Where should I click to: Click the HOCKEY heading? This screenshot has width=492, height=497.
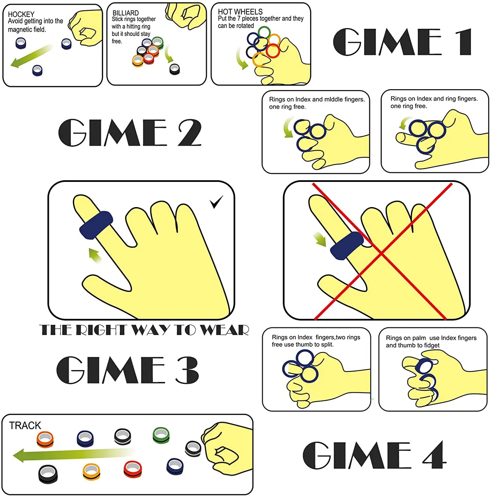pos(21,14)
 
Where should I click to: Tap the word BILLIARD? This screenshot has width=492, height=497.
pos(125,13)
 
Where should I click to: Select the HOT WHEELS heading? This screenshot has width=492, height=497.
pos(240,12)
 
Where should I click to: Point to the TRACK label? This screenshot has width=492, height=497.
pos(25,425)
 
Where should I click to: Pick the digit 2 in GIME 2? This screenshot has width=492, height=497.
pos(189,133)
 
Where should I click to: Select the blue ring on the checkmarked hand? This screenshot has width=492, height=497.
pos(96,224)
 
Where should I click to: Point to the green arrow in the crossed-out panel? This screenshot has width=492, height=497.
pos(320,240)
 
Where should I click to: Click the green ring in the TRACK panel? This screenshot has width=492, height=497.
pos(161,435)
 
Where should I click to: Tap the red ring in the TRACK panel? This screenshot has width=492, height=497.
pos(132,469)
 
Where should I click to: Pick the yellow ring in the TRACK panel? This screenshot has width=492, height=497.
pos(91,471)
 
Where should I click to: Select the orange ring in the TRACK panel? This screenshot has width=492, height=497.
pos(45,439)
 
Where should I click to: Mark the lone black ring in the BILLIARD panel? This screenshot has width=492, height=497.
pos(174,69)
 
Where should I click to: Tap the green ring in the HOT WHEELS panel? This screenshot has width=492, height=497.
pos(264,32)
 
